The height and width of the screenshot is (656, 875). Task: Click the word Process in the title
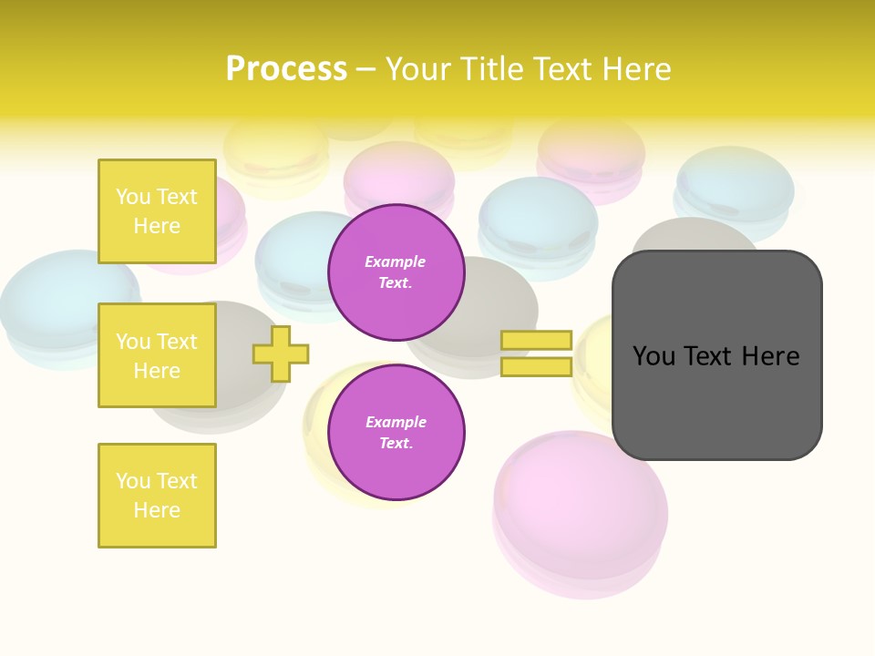[x=286, y=69]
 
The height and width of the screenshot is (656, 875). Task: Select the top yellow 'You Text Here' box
[x=157, y=211]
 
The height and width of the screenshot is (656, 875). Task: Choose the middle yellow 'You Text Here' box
[x=157, y=355]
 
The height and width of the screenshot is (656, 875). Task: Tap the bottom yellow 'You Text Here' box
[x=157, y=496]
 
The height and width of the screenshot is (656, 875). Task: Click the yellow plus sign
[x=281, y=354]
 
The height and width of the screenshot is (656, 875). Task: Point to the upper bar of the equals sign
[x=536, y=341]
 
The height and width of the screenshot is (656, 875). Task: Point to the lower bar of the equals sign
[x=536, y=367]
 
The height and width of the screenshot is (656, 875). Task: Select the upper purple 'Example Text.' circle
[x=396, y=272]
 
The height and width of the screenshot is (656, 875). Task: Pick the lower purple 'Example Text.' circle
[x=396, y=433]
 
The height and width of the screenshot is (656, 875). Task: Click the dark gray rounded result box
[x=716, y=401]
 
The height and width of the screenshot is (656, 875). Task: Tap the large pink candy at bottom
[x=581, y=519]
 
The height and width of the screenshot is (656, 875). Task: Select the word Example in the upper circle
[x=396, y=262]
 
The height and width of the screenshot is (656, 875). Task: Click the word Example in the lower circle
[x=396, y=423]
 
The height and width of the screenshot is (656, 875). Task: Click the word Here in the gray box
[x=770, y=356]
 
